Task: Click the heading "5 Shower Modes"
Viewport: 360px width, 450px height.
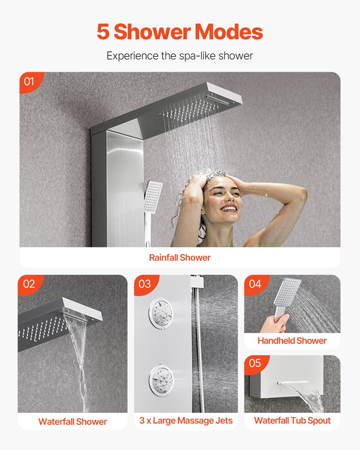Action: (x=180, y=31)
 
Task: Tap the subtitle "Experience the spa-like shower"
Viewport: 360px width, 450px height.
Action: (x=180, y=55)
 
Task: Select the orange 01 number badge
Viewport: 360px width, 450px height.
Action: (x=30, y=82)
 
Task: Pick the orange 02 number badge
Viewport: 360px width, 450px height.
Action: (x=30, y=284)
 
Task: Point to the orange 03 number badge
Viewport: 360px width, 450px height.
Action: (x=145, y=284)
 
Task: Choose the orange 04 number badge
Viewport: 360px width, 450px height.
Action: (x=255, y=284)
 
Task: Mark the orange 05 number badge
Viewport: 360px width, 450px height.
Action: (x=255, y=364)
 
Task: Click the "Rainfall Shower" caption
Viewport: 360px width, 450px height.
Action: (x=180, y=257)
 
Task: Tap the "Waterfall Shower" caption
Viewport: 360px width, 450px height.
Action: (x=72, y=422)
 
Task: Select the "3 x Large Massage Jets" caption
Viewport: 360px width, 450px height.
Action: (x=186, y=421)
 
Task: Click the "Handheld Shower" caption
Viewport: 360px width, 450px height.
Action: (x=292, y=341)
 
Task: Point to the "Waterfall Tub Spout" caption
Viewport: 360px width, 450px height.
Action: (x=292, y=421)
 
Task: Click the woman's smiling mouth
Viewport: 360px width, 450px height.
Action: (x=229, y=208)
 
